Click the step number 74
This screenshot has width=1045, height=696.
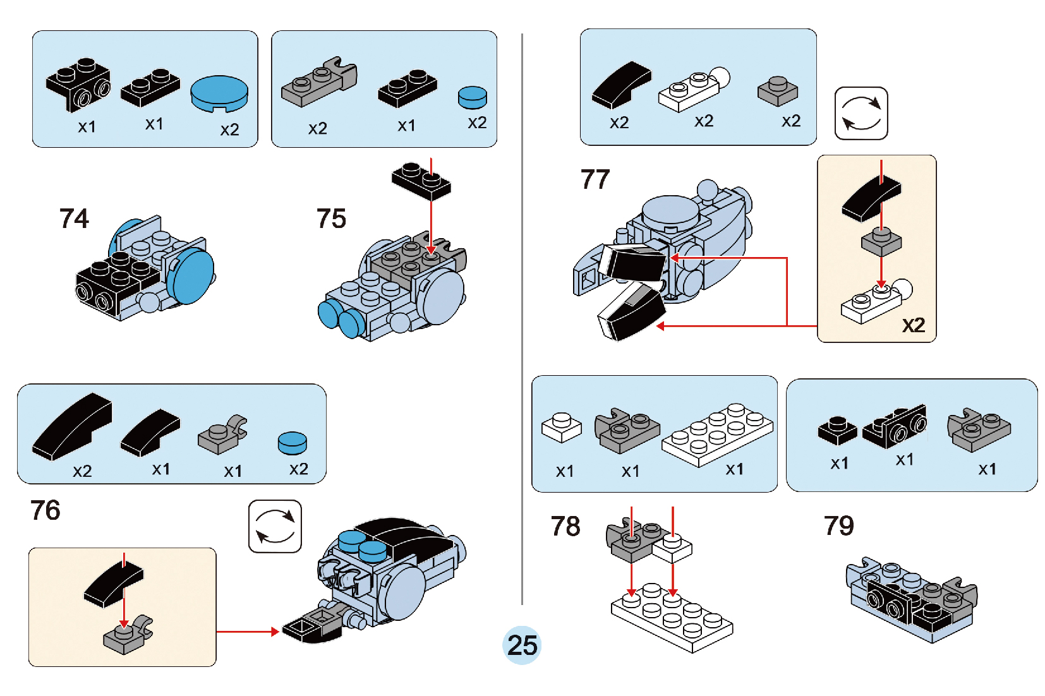tap(74, 219)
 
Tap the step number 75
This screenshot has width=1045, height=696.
tap(331, 219)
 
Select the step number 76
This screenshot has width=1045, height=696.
tap(45, 510)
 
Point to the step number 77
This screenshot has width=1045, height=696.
tap(595, 179)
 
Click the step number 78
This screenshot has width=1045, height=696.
tap(565, 526)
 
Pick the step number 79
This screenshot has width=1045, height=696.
tap(838, 525)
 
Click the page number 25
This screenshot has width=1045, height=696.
tap(522, 645)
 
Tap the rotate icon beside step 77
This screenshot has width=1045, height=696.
tap(861, 113)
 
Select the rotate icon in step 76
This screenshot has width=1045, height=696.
tap(275, 526)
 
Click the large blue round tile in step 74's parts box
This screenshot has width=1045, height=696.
tap(219, 93)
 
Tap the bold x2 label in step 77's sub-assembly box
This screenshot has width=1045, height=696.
tap(914, 325)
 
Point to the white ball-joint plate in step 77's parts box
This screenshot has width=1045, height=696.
tap(693, 89)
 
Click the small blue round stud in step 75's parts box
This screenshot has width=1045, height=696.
tap(473, 97)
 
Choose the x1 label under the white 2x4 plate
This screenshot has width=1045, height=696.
tap(734, 469)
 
